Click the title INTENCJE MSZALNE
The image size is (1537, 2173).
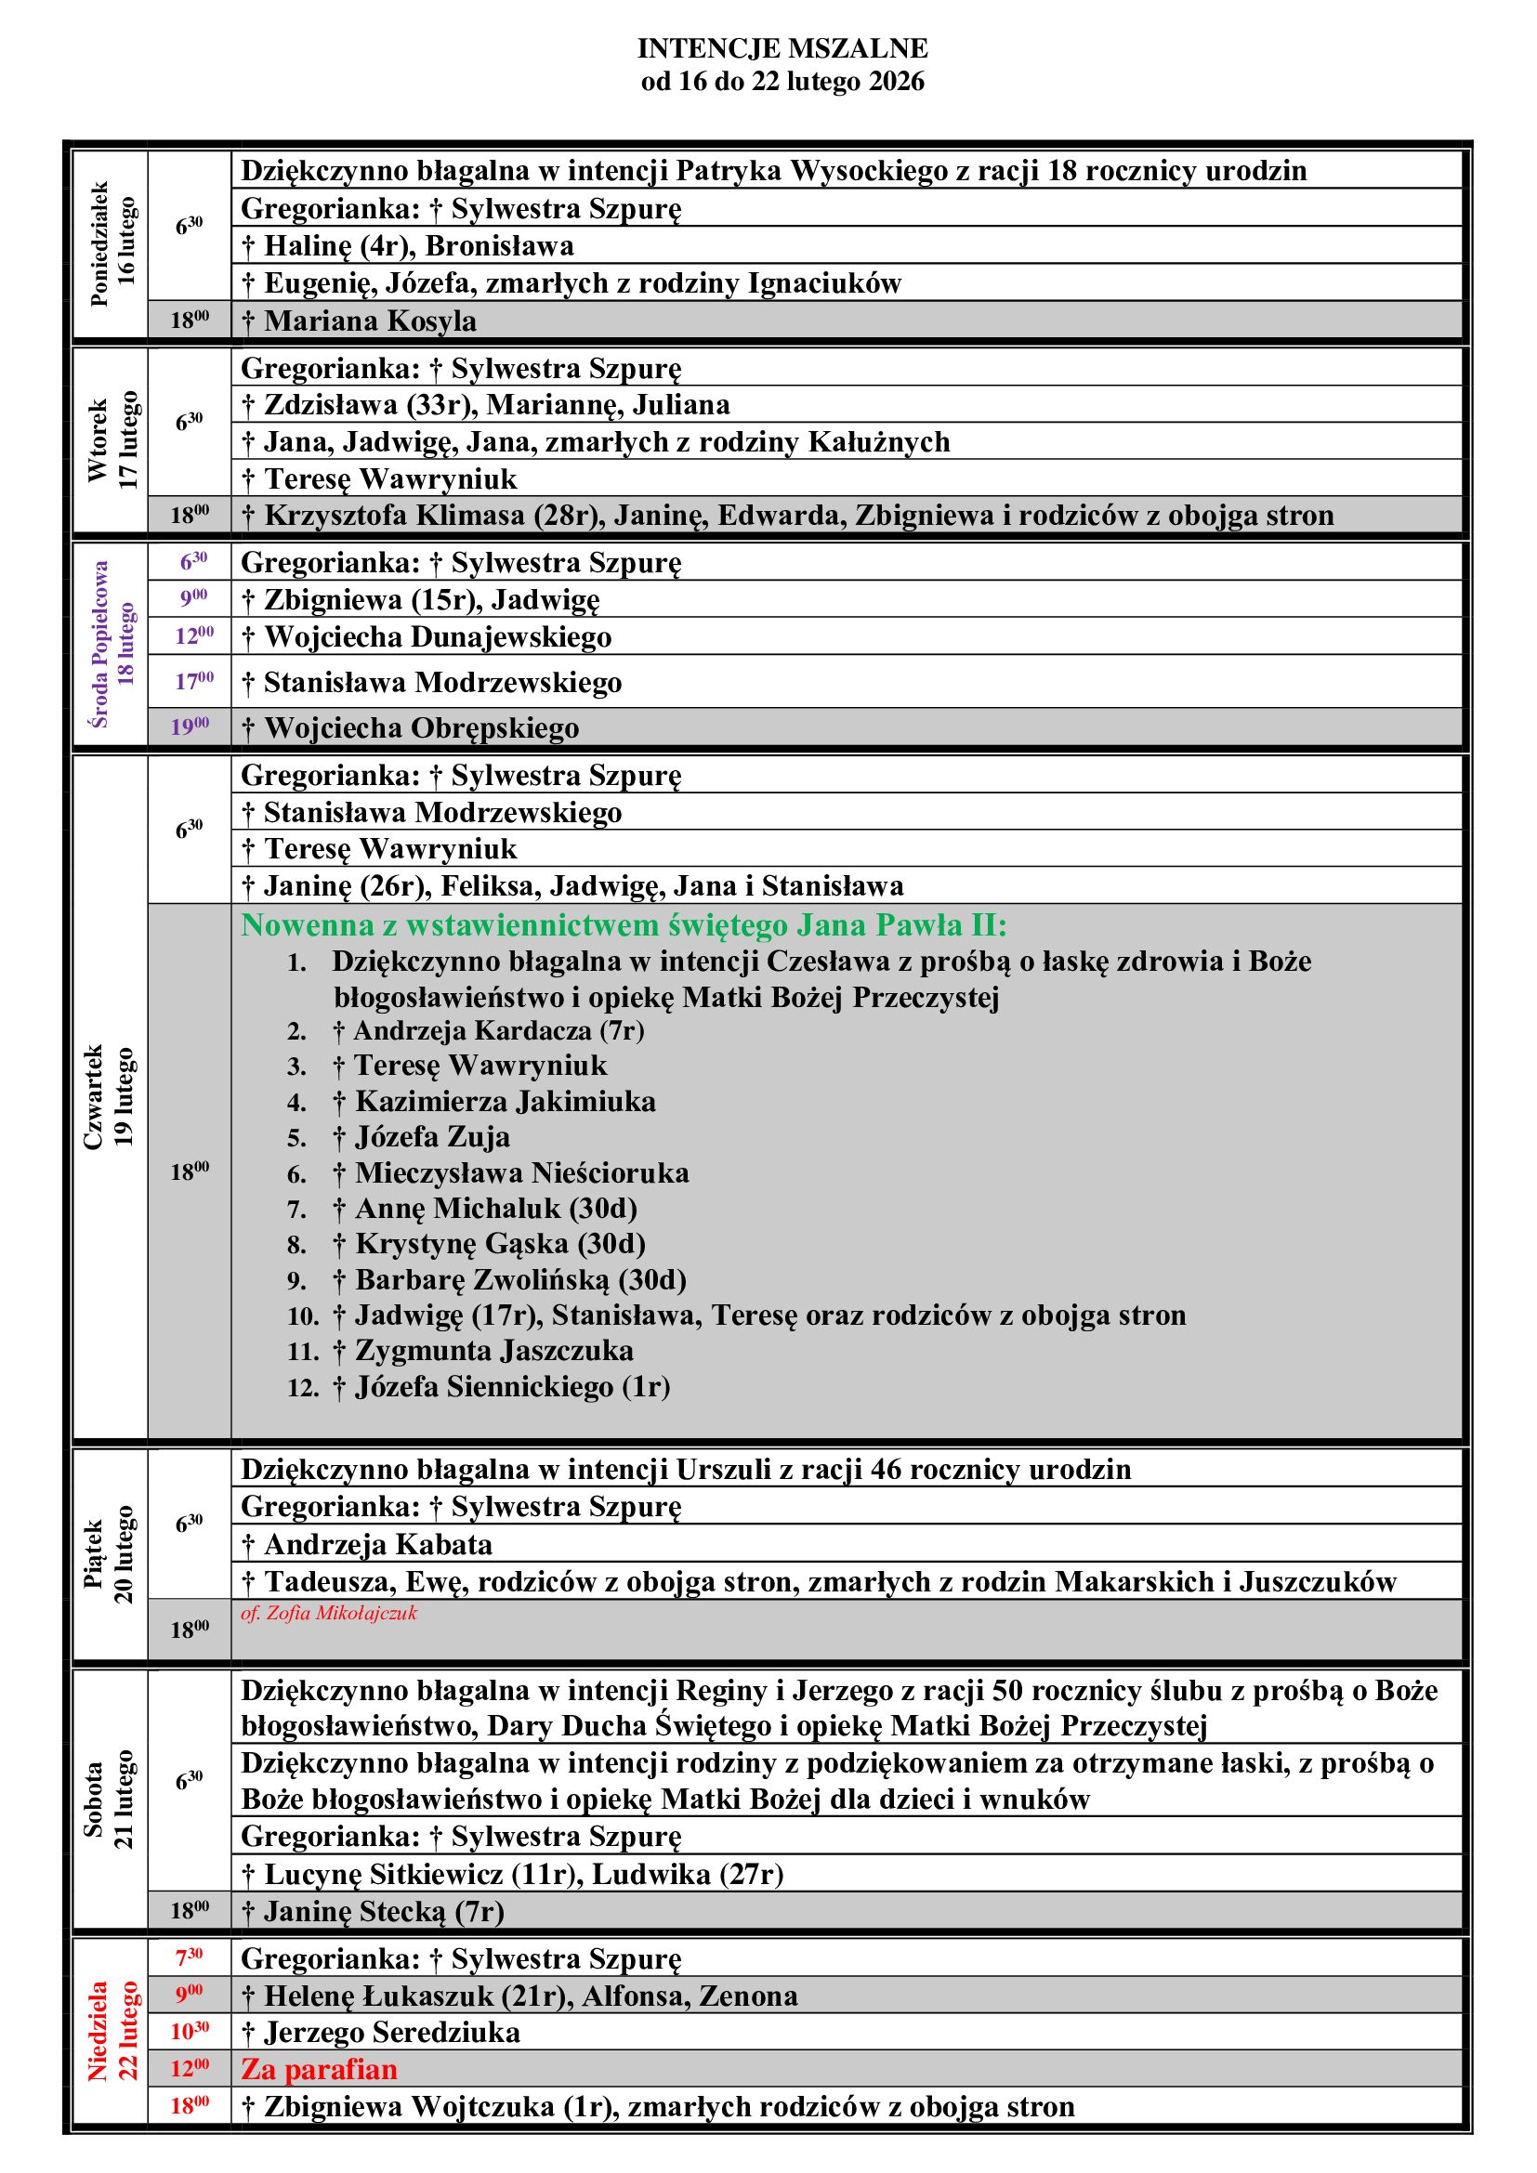coord(782,48)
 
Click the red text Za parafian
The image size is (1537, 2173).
coord(319,2070)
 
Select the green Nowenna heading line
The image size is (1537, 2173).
coord(624,924)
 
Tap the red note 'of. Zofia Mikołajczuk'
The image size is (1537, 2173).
coord(328,1614)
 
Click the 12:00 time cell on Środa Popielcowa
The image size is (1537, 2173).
coord(193,636)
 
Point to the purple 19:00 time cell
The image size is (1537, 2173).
coord(190,727)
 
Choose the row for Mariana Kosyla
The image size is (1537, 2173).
coord(370,321)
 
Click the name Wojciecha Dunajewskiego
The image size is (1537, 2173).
coord(438,637)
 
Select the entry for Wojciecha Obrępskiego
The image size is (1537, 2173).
coord(421,727)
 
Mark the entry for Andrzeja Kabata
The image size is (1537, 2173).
coord(377,1545)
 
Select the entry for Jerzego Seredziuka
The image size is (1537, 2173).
coord(392,2032)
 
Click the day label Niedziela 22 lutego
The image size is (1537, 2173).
coord(112,2032)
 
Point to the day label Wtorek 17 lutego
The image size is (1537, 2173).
coord(112,440)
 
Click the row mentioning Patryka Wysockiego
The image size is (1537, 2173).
coord(773,171)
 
